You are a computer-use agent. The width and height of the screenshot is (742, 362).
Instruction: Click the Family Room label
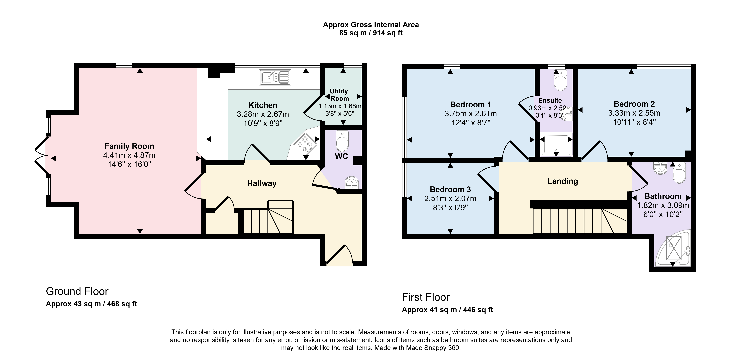(129, 146)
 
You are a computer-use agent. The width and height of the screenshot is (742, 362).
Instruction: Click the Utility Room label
(339, 95)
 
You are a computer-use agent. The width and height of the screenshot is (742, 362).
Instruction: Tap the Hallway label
(262, 183)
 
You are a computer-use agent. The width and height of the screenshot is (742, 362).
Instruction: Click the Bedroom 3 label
(450, 189)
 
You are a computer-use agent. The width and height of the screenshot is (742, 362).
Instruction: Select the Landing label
(563, 181)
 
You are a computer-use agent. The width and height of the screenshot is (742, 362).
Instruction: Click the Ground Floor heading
(77, 292)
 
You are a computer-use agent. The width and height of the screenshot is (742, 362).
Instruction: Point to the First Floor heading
(426, 297)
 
